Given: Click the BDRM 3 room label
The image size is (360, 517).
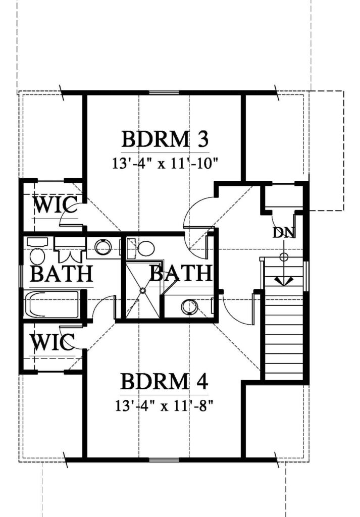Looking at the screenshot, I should coord(165,139).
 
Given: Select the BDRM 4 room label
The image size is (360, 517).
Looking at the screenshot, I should coord(165,382).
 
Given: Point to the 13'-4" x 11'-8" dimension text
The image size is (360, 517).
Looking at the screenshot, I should coord(165,405).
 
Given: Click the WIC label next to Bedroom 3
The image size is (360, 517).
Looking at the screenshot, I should coord(55,206).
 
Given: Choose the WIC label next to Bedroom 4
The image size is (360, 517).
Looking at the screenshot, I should coord(54,342).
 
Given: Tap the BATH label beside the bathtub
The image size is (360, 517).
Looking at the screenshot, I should coord(61,274).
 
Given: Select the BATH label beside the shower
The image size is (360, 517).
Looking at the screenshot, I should coord(180,274).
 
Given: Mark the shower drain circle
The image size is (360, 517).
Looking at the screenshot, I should coord(143,291).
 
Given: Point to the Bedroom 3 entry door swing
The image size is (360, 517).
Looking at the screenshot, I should coord(196,217).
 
